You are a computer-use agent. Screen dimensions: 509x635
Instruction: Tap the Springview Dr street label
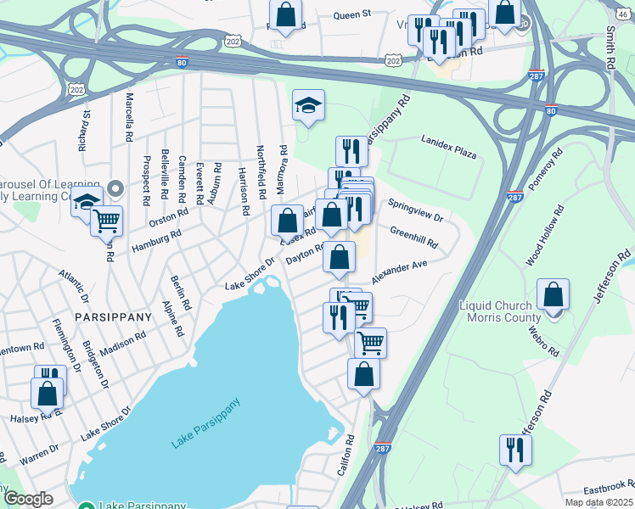416,211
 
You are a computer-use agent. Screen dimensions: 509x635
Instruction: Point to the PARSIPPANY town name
112,316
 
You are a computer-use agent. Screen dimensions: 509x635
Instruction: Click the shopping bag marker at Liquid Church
553,296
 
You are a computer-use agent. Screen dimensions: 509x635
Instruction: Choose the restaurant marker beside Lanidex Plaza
351,152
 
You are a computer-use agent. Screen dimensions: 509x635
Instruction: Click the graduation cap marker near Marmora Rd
309,105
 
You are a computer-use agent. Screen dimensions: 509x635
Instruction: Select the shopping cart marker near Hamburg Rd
106,221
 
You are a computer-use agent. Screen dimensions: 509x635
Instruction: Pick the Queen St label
352,14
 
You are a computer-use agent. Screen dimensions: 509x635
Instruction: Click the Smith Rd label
610,47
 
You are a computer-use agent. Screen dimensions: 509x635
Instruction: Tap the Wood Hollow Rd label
545,237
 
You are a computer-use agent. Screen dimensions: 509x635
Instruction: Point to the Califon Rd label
347,456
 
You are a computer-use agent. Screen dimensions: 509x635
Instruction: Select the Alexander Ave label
399,273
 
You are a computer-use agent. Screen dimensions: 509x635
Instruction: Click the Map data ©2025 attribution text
598,503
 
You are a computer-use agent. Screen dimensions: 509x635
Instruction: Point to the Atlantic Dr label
73,286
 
